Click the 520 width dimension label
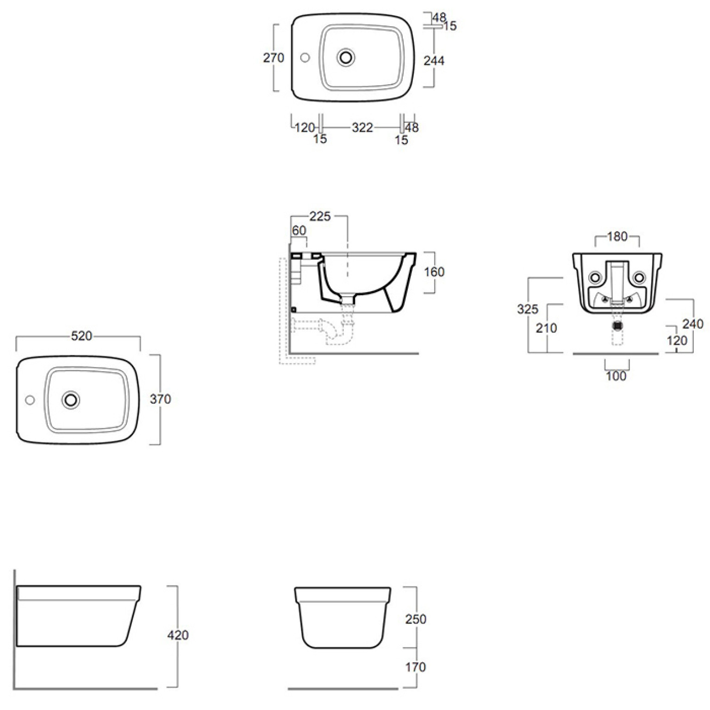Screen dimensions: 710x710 (x=81, y=336)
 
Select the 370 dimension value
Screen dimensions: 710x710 (x=161, y=399)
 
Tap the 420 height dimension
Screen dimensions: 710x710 (x=178, y=635)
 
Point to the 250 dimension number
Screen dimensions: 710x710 (x=416, y=619)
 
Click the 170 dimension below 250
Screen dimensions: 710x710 (x=416, y=667)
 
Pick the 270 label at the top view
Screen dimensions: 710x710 (x=274, y=58)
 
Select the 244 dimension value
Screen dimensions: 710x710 (x=434, y=61)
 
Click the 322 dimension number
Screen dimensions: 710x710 (x=362, y=127)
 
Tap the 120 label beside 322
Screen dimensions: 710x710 (x=305, y=127)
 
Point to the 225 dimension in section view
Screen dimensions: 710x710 (x=320, y=216)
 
